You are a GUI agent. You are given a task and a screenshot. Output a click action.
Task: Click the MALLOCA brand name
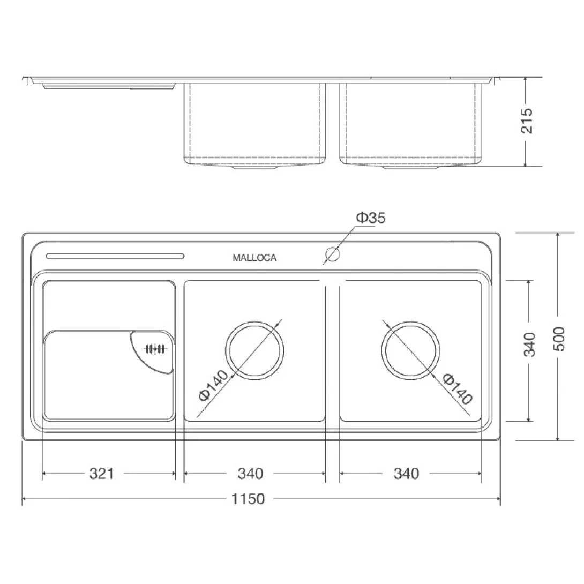pyautogui.click(x=254, y=258)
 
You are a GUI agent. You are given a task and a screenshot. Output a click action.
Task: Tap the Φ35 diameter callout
pyautogui.click(x=371, y=218)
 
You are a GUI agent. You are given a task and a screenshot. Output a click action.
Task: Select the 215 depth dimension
pyautogui.click(x=527, y=121)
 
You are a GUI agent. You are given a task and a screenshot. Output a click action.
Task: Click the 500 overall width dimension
pyautogui.click(x=559, y=339)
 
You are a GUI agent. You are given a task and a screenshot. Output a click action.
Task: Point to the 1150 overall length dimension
pyautogui.click(x=248, y=499)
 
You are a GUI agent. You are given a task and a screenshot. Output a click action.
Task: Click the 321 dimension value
pyautogui.click(x=102, y=474)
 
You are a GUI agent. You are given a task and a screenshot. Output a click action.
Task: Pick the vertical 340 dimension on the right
pyautogui.click(x=529, y=345)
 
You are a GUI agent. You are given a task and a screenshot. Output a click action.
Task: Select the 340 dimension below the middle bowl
pyautogui.click(x=251, y=474)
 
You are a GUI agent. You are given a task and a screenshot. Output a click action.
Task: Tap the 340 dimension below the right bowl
pyautogui.click(x=407, y=474)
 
